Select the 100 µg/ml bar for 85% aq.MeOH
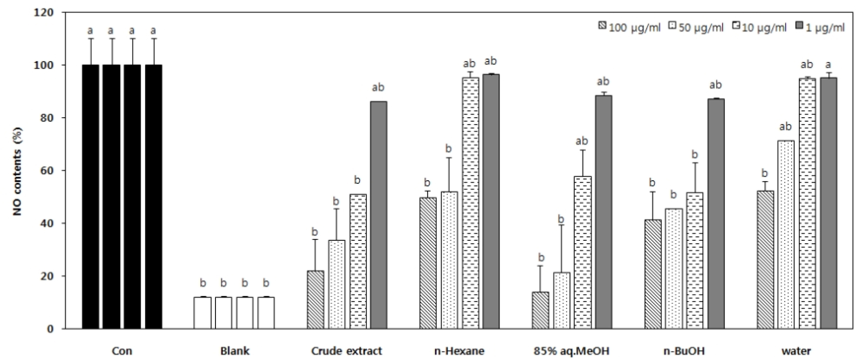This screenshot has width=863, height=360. point(540,310)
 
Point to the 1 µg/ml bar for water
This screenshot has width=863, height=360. point(828,203)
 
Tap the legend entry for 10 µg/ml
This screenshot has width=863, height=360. point(760,27)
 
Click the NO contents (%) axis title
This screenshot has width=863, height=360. point(18,171)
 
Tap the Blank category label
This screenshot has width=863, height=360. point(234,351)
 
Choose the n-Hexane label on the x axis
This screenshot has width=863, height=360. point(459,351)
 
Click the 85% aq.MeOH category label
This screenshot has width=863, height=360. point(570,351)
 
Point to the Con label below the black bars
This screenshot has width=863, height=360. point(122,351)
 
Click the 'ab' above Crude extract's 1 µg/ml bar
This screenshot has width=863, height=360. point(378,87)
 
